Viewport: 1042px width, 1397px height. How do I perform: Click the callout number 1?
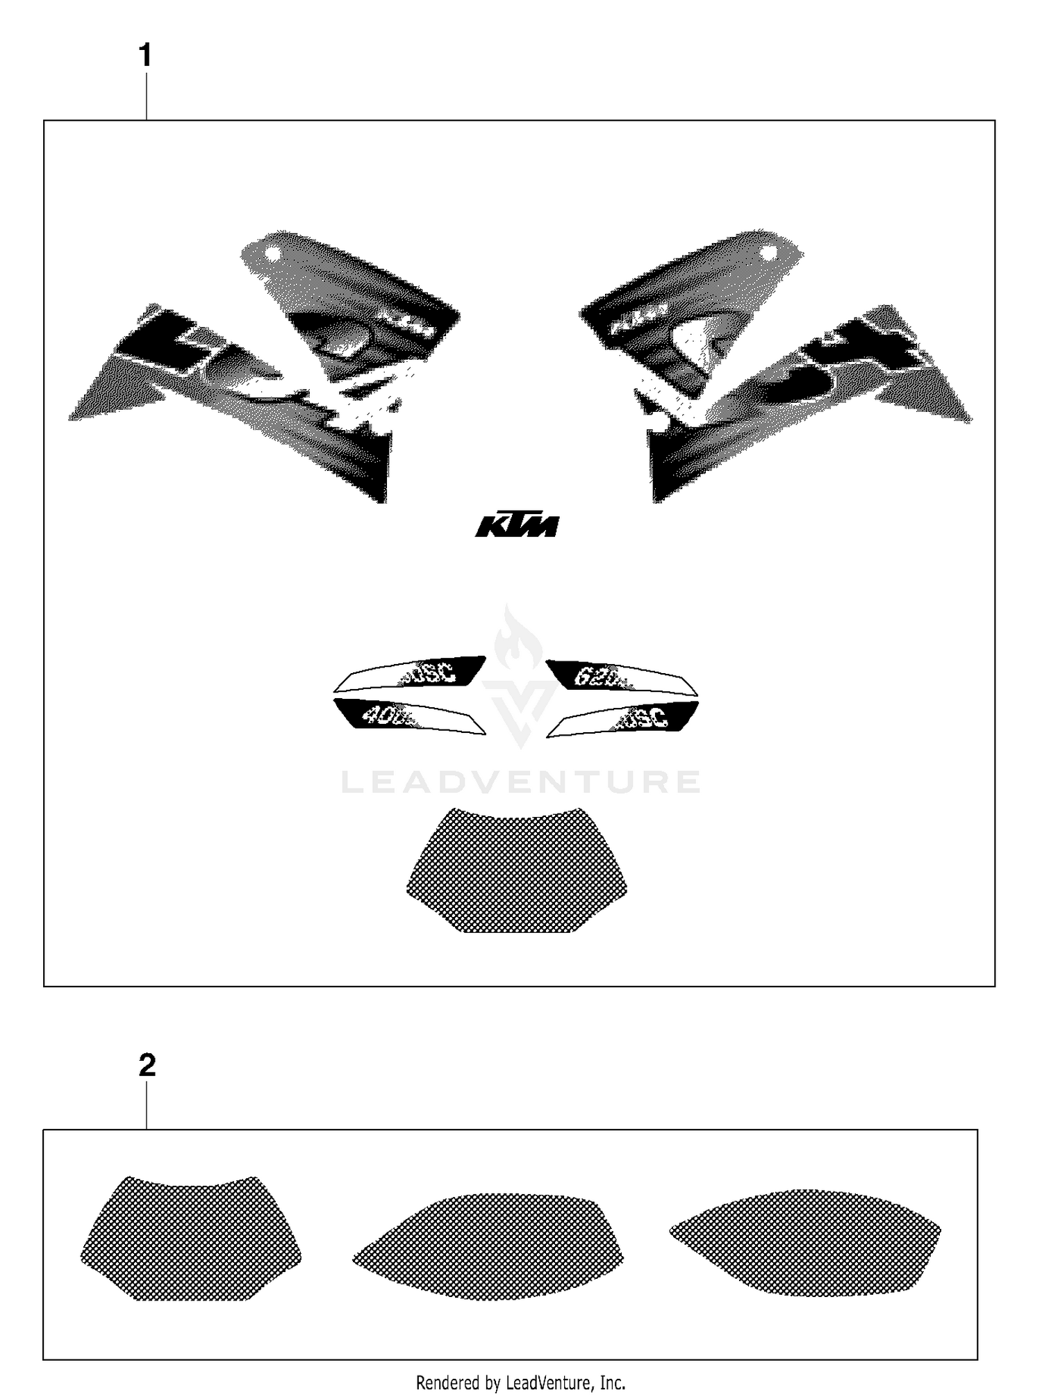(145, 56)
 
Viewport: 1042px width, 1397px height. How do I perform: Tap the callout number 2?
(147, 1065)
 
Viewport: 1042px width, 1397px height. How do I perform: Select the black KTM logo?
(517, 526)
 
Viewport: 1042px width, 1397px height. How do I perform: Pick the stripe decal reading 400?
(410, 716)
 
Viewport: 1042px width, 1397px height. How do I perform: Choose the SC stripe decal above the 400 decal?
(410, 675)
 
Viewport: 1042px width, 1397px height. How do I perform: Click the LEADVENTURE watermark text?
(520, 782)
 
